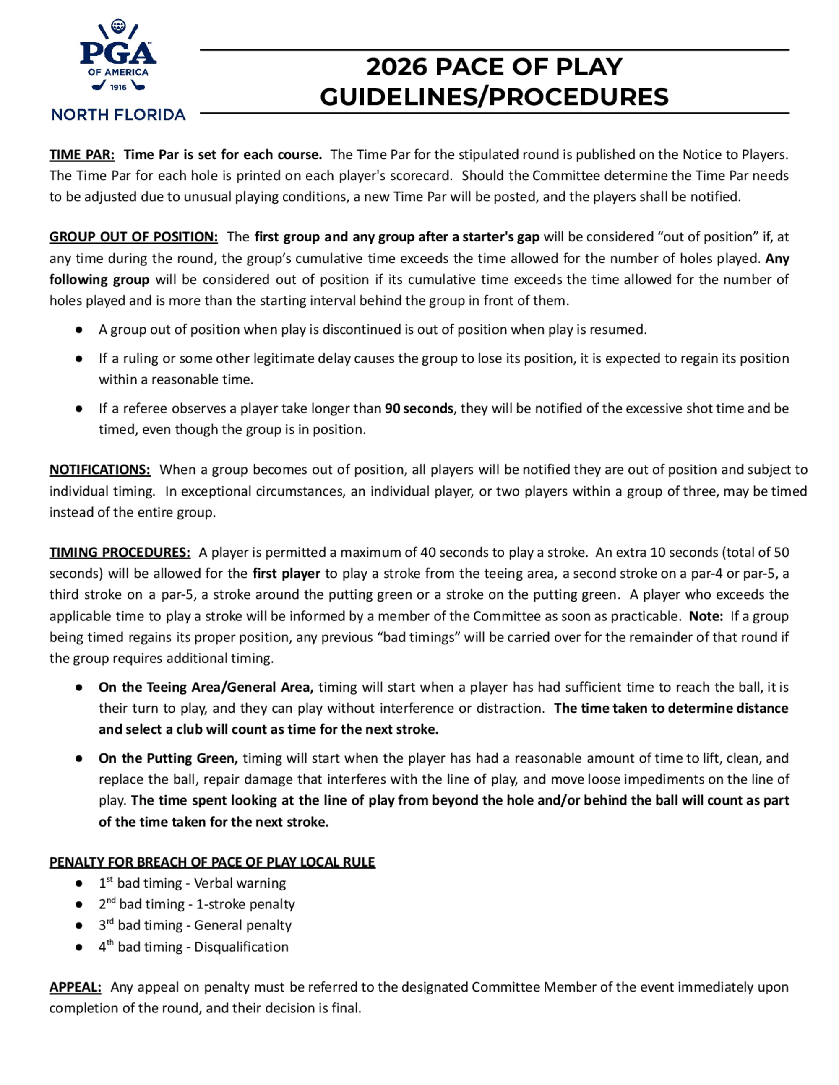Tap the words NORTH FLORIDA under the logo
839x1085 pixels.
click(x=118, y=115)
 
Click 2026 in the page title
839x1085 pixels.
click(x=396, y=67)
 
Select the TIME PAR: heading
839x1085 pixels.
click(x=82, y=155)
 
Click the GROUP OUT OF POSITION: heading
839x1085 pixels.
click(x=133, y=237)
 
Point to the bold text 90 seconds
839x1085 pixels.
click(x=419, y=408)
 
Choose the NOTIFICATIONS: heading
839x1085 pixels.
click(x=99, y=470)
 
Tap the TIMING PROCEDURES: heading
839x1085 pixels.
click(x=119, y=553)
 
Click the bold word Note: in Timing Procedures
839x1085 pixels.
click(x=705, y=616)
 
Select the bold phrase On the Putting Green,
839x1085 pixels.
click(x=168, y=758)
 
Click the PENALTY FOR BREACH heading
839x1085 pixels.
click(x=212, y=862)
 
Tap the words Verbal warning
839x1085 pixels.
click(x=240, y=883)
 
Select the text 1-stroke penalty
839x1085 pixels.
click(x=245, y=904)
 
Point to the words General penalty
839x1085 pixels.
click(x=242, y=925)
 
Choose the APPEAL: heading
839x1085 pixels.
click(x=75, y=987)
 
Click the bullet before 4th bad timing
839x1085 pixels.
click(x=78, y=947)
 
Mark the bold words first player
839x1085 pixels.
click(x=286, y=574)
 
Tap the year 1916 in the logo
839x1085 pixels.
click(x=118, y=88)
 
